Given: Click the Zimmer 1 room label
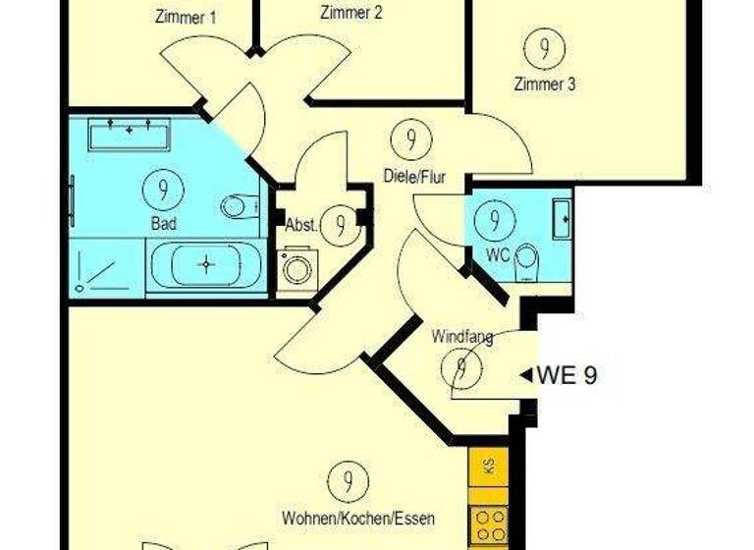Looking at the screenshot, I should [187, 17].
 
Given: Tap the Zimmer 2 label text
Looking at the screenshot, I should [350, 14].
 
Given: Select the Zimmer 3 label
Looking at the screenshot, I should [544, 83].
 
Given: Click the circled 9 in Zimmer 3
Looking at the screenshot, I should [538, 46].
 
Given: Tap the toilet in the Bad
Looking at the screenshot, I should [237, 207].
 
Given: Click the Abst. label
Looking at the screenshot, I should [300, 225].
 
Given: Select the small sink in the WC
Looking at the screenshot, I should [562, 219].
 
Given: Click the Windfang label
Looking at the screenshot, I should [461, 338].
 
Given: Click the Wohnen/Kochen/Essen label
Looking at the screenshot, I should [357, 518].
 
